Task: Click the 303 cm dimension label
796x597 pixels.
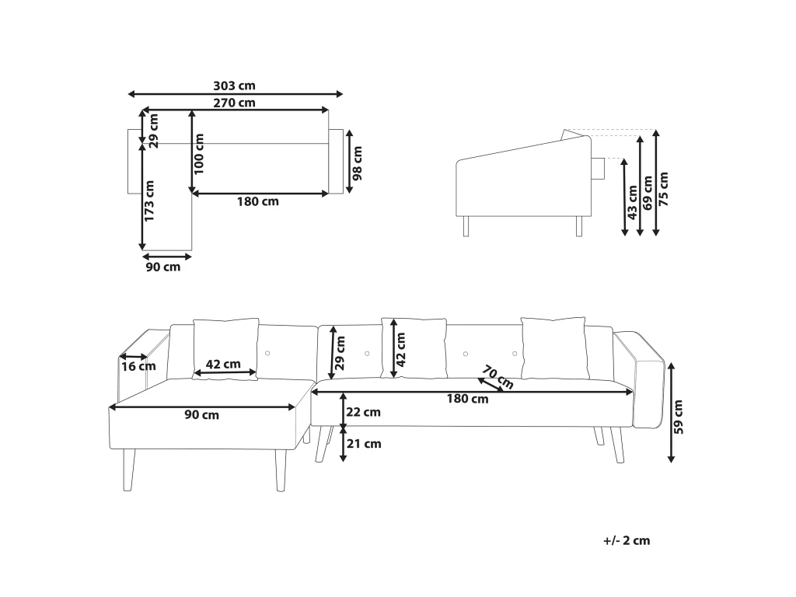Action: point(234,86)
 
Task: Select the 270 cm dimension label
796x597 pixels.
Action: point(234,103)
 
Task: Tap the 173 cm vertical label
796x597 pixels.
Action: point(149,201)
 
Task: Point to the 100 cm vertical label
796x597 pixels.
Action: point(198,154)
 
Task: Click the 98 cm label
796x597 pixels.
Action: point(358,163)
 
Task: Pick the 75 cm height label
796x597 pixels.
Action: point(664,189)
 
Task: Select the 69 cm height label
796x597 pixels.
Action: point(648,193)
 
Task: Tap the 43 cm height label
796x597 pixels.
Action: point(633,202)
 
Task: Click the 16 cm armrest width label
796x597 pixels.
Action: point(138,367)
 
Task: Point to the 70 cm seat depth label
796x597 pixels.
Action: point(497,376)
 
